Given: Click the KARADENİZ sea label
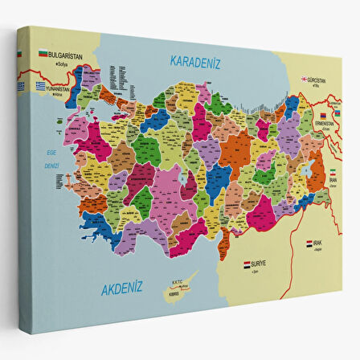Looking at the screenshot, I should [195, 61].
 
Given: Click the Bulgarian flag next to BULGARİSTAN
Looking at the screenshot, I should [43, 53].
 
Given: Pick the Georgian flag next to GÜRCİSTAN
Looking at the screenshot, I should [305, 80].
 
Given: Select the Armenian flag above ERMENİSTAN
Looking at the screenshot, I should [323, 116].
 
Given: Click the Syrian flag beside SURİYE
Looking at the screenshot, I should [247, 263].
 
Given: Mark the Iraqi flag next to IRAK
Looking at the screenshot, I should [309, 242].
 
